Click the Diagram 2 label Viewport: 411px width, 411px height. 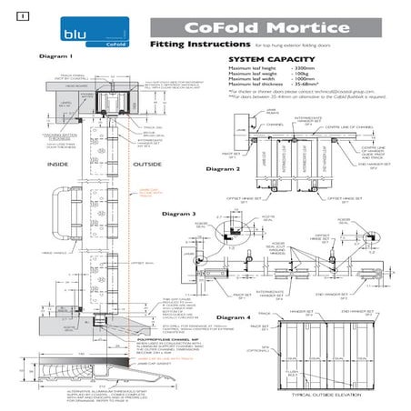[223, 170]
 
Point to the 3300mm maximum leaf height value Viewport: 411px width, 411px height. [303, 69]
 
